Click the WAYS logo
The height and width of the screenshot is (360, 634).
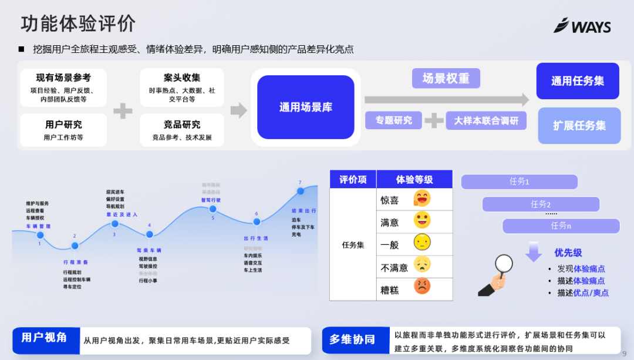[582, 26]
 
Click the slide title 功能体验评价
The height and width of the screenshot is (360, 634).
[78, 23]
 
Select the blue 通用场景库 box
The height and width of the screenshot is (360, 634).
[305, 107]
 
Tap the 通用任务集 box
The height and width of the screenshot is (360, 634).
[578, 81]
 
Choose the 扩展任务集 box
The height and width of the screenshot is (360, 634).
[579, 126]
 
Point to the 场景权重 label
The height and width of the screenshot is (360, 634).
[446, 79]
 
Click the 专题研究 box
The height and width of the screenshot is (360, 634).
[394, 120]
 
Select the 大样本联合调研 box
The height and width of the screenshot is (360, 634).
[486, 120]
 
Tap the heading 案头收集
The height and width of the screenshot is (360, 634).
[182, 78]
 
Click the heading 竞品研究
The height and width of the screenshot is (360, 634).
[182, 125]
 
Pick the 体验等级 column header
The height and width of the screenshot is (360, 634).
[414, 179]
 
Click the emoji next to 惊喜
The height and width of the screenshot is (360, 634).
[421, 198]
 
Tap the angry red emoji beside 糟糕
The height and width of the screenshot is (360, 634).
[421, 287]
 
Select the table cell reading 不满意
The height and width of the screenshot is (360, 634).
[394, 267]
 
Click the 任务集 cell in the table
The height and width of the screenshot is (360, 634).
[353, 245]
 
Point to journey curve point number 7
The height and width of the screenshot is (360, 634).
[300, 191]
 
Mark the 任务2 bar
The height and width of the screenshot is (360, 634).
[541, 204]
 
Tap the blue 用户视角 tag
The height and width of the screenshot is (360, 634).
[45, 338]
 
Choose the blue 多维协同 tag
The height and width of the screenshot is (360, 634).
[352, 339]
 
